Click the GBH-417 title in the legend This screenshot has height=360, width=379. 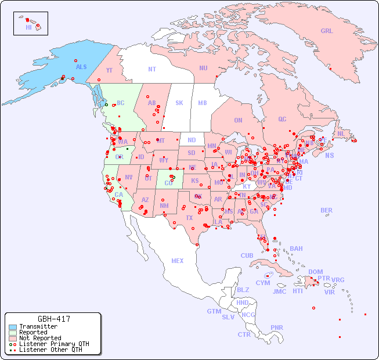coord(54,319)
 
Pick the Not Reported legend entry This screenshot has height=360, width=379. coord(39,338)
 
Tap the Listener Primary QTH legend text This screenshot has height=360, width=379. coord(53,344)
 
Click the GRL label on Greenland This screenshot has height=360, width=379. coord(327,31)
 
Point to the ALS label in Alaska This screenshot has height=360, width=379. coord(81,67)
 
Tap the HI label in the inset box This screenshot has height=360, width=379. coord(28,27)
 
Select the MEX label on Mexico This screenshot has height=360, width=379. coord(178,261)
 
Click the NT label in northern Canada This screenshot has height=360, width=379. coord(152,69)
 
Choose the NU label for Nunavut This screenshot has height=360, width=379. coord(203,69)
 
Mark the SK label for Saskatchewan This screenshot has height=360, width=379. coord(179,103)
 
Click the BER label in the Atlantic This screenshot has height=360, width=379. coord(327,210)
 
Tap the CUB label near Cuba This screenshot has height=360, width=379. coord(247,256)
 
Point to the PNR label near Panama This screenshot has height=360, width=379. coord(277,327)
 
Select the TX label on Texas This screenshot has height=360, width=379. coord(189,218)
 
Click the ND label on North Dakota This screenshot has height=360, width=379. coord(192,141)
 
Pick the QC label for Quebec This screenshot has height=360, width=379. coord(282,120)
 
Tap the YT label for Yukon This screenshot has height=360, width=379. coord(109,70)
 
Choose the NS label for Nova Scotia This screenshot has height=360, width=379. coord(329,156)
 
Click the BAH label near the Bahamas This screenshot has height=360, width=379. coord(296,249)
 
